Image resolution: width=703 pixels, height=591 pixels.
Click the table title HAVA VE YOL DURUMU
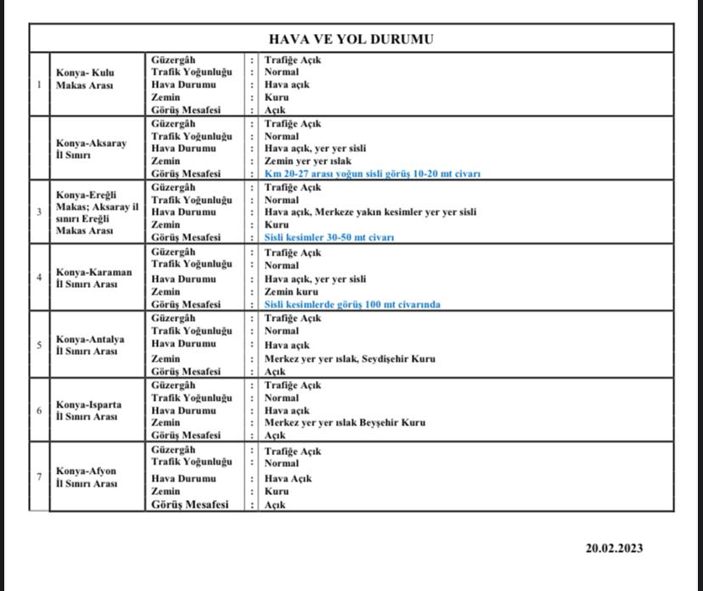click(x=351, y=39)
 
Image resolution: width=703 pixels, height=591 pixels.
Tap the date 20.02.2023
click(x=614, y=548)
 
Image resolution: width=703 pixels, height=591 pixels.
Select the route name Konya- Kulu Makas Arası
click(x=86, y=79)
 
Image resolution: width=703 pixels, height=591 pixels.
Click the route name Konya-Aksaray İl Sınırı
click(x=92, y=149)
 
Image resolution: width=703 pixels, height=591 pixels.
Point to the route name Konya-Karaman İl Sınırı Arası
click(x=94, y=278)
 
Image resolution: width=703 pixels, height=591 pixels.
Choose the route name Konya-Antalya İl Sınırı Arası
click(x=90, y=345)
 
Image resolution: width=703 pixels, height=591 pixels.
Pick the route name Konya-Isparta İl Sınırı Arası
click(x=89, y=410)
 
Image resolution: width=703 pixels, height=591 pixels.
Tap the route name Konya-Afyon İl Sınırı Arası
click(x=87, y=477)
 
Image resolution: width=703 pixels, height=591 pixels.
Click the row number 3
click(x=39, y=211)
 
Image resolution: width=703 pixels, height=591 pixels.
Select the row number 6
click(x=39, y=410)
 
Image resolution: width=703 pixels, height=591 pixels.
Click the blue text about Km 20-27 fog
click(x=372, y=173)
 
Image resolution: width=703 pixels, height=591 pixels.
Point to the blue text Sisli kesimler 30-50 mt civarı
click(x=329, y=238)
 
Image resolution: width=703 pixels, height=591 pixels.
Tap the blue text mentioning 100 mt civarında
click(x=351, y=304)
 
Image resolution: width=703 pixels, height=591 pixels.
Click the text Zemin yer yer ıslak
click(x=307, y=160)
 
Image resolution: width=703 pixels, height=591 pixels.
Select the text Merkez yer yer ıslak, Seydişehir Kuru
click(x=350, y=358)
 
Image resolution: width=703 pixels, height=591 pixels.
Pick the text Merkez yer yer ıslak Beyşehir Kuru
click(x=345, y=422)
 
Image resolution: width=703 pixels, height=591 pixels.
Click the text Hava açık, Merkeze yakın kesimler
click(x=370, y=211)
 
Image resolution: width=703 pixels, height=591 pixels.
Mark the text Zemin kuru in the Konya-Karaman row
click(x=291, y=291)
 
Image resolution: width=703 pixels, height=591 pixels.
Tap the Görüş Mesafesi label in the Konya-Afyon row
click(x=190, y=504)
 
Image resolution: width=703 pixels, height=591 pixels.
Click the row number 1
click(x=39, y=84)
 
